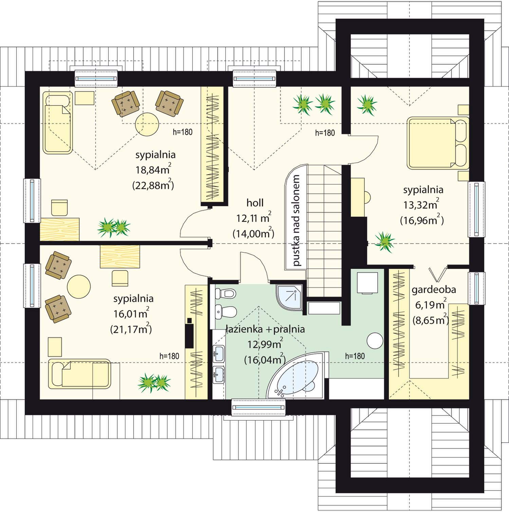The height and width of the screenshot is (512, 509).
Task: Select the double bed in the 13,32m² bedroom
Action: click(437, 143)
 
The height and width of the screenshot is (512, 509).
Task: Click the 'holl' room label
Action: click(255, 203)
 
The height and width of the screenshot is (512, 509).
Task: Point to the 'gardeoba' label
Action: click(434, 290)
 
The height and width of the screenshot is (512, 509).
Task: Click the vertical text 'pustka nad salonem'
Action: click(296, 220)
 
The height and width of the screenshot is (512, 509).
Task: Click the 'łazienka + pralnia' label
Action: click(265, 329)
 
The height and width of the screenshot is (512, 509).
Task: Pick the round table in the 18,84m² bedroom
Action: click(147, 124)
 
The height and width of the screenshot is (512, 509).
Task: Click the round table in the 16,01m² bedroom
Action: click(79, 287)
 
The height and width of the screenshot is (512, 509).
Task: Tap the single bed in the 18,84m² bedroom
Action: click(58, 122)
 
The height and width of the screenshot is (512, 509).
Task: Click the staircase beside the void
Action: click(324, 231)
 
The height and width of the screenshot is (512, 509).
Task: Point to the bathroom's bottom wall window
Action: click(258, 407)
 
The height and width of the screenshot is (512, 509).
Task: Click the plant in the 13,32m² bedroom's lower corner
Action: click(384, 242)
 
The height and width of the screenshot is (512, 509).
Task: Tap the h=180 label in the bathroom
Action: click(355, 356)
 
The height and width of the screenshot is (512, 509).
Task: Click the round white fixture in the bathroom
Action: click(375, 341)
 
